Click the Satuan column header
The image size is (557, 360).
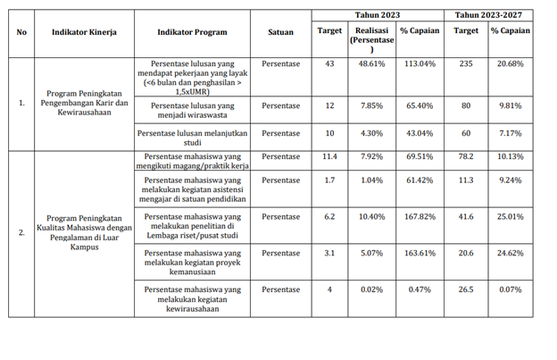tap(280, 32)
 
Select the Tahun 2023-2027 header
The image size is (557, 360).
tap(488, 15)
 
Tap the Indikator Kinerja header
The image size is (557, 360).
tap(84, 32)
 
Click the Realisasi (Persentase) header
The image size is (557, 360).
tap(372, 39)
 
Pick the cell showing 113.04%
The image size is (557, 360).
tap(420, 63)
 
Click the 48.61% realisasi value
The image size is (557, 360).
tap(371, 63)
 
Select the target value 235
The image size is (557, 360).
tap(466, 63)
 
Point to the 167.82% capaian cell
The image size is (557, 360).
tap(420, 216)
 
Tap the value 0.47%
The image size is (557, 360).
tap(420, 289)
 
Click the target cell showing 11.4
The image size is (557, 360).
tap(329, 156)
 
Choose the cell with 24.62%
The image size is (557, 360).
tap(510, 253)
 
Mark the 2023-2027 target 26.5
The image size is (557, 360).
tap(466, 289)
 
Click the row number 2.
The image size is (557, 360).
tap(21, 233)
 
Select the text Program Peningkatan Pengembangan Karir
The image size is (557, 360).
tap(84, 98)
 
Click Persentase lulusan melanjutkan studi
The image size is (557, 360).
tap(192, 138)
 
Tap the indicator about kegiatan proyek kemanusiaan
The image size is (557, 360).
tap(193, 263)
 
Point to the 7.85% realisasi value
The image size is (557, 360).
tap(371, 105)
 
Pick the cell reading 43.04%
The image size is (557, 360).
tap(420, 133)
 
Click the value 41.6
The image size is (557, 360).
tap(466, 216)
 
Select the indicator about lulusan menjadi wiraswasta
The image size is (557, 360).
tap(193, 110)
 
